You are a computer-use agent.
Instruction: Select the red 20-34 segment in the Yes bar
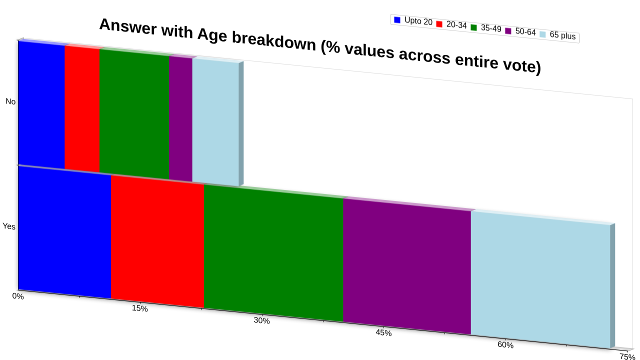(157, 241)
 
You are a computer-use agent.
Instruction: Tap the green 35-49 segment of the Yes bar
(273, 253)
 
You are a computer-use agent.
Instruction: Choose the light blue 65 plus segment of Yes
(540, 280)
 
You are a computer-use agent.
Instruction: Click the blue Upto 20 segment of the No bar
(41, 105)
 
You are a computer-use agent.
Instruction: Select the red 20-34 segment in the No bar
(82, 109)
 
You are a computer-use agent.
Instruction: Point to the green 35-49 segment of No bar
(134, 114)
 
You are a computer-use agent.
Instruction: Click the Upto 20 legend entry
(413, 21)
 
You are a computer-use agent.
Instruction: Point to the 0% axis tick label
(18, 296)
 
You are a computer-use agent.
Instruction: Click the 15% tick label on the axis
(139, 308)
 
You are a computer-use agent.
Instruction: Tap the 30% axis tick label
(261, 320)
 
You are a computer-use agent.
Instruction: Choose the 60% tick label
(505, 345)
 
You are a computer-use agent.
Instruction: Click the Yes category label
(9, 226)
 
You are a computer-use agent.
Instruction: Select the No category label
(10, 101)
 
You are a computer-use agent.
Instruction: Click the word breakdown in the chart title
(274, 41)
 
